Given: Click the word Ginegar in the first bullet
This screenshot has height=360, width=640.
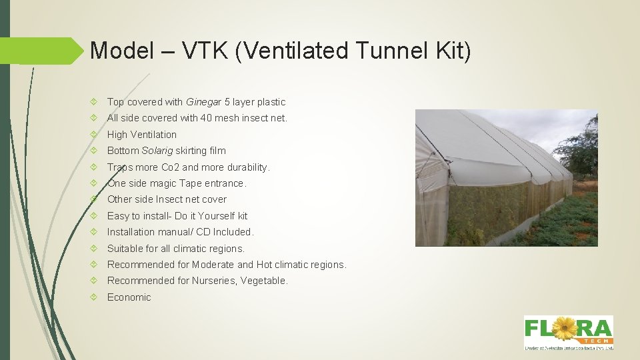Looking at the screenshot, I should pyautogui.click(x=204, y=102).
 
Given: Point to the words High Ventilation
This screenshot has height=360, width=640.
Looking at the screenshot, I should pyautogui.click(x=142, y=135).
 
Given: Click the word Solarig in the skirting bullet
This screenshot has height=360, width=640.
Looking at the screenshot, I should pyautogui.click(x=157, y=151).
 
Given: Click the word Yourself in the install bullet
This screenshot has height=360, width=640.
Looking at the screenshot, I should pyautogui.click(x=214, y=216).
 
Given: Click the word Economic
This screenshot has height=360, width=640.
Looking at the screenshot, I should pyautogui.click(x=129, y=297).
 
